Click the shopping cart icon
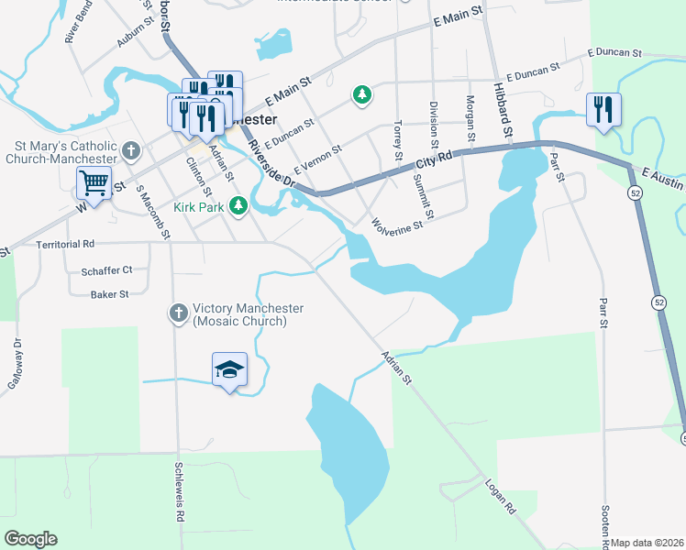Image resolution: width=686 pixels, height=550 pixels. coord(94,183)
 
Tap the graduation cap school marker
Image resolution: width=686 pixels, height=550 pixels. coord(229,369)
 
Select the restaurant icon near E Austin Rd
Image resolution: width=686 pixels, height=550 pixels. coord(603,110)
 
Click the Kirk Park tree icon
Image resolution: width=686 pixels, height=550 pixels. coord(238,205)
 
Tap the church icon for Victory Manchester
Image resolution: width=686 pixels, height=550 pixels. coord(179,313)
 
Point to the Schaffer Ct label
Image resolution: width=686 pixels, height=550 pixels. coord(106,270)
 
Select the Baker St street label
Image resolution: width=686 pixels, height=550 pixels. coord(109,294)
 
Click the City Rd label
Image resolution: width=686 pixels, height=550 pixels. coord(433,159)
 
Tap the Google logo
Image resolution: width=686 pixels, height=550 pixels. coord(30,539)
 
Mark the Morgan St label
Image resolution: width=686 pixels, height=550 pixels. coord(470,117)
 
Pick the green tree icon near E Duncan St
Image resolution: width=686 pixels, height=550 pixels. coord(363,94)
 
